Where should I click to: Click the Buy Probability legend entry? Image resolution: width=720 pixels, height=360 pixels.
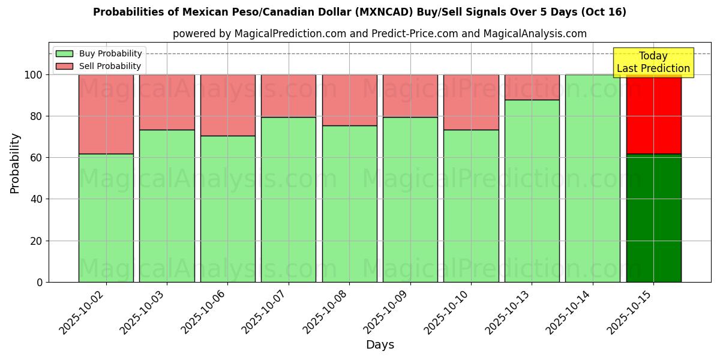coord(98,54)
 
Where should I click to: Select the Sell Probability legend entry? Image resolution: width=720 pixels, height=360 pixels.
coord(98,66)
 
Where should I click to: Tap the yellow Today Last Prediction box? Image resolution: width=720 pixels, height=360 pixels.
coord(653,62)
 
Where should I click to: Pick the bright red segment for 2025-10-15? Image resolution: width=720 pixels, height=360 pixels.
coord(653,114)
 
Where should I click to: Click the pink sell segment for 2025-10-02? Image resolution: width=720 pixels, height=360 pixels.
coord(106,114)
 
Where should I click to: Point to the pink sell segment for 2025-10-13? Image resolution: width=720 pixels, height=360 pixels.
coord(532,87)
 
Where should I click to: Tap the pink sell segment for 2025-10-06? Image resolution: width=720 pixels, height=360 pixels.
coord(228,105)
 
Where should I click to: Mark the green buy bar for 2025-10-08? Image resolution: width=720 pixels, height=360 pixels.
coord(349,204)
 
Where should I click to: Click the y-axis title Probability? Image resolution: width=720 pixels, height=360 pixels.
coord(15,163)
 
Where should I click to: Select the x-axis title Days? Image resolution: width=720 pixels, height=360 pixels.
coord(380,345)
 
